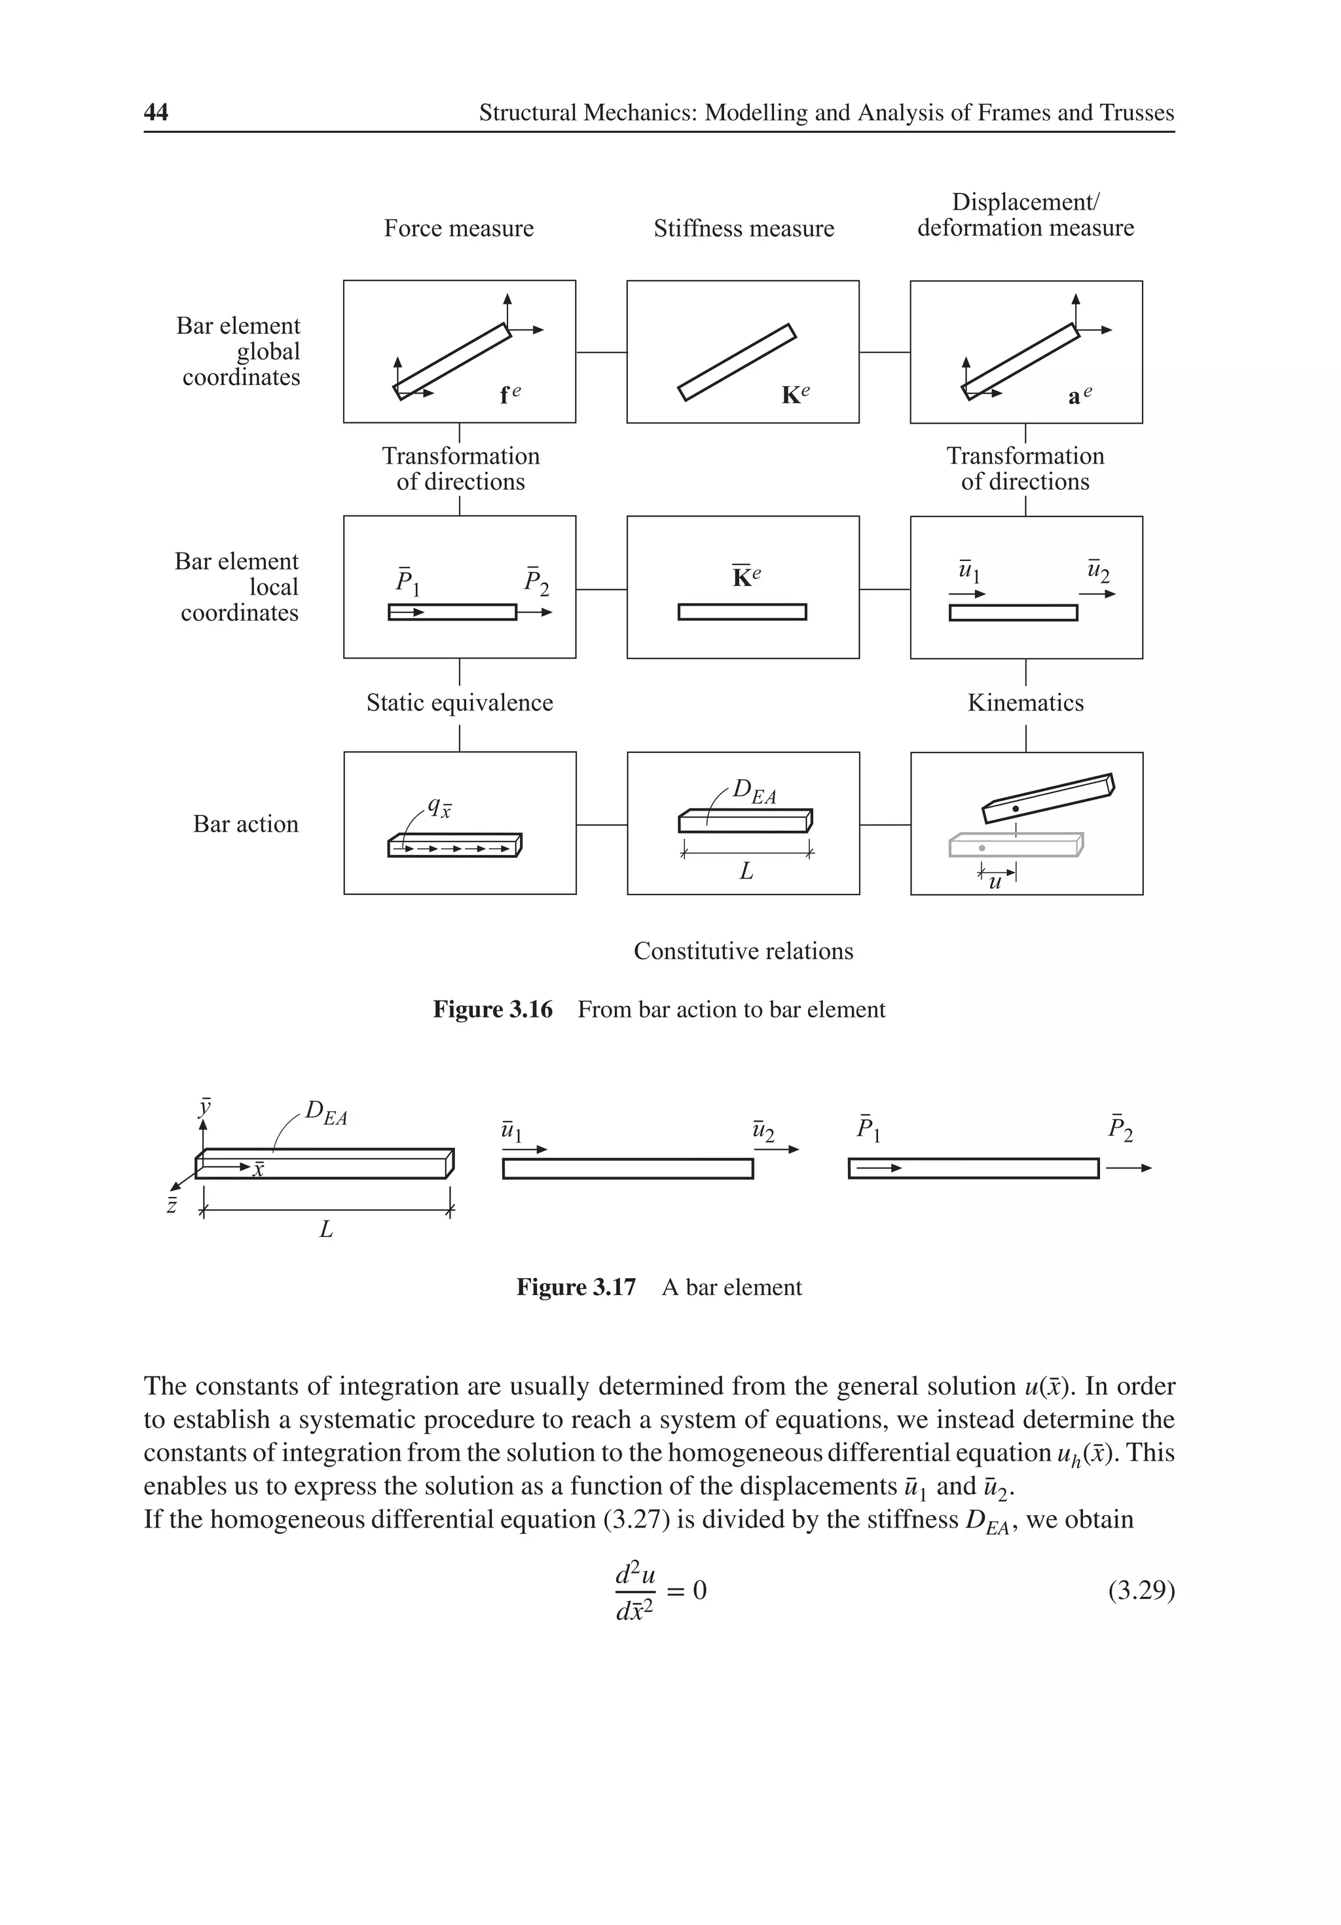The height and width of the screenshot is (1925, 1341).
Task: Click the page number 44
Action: tap(156, 113)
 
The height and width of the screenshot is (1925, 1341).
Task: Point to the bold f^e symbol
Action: tap(509, 394)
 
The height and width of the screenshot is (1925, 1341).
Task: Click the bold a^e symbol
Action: tap(1079, 395)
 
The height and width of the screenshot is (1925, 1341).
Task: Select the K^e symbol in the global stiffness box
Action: tap(794, 394)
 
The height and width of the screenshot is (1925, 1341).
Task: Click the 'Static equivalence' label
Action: tap(460, 703)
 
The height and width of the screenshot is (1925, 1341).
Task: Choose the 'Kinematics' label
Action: tap(1025, 703)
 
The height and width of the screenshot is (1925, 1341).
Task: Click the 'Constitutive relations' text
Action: tap(743, 951)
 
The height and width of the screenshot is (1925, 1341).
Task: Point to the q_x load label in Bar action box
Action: tap(439, 807)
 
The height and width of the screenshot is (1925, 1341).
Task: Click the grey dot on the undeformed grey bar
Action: tap(982, 849)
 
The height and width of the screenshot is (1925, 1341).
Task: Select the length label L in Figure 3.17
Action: tap(326, 1230)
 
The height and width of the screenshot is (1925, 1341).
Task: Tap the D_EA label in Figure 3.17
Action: tap(325, 1113)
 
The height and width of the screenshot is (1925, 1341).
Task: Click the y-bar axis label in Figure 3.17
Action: tap(204, 1107)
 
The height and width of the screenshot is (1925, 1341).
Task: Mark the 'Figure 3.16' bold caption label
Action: tap(492, 1010)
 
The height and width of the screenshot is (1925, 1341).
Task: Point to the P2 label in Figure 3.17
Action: tap(1120, 1129)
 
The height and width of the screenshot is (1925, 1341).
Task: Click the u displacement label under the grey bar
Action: tap(995, 882)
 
